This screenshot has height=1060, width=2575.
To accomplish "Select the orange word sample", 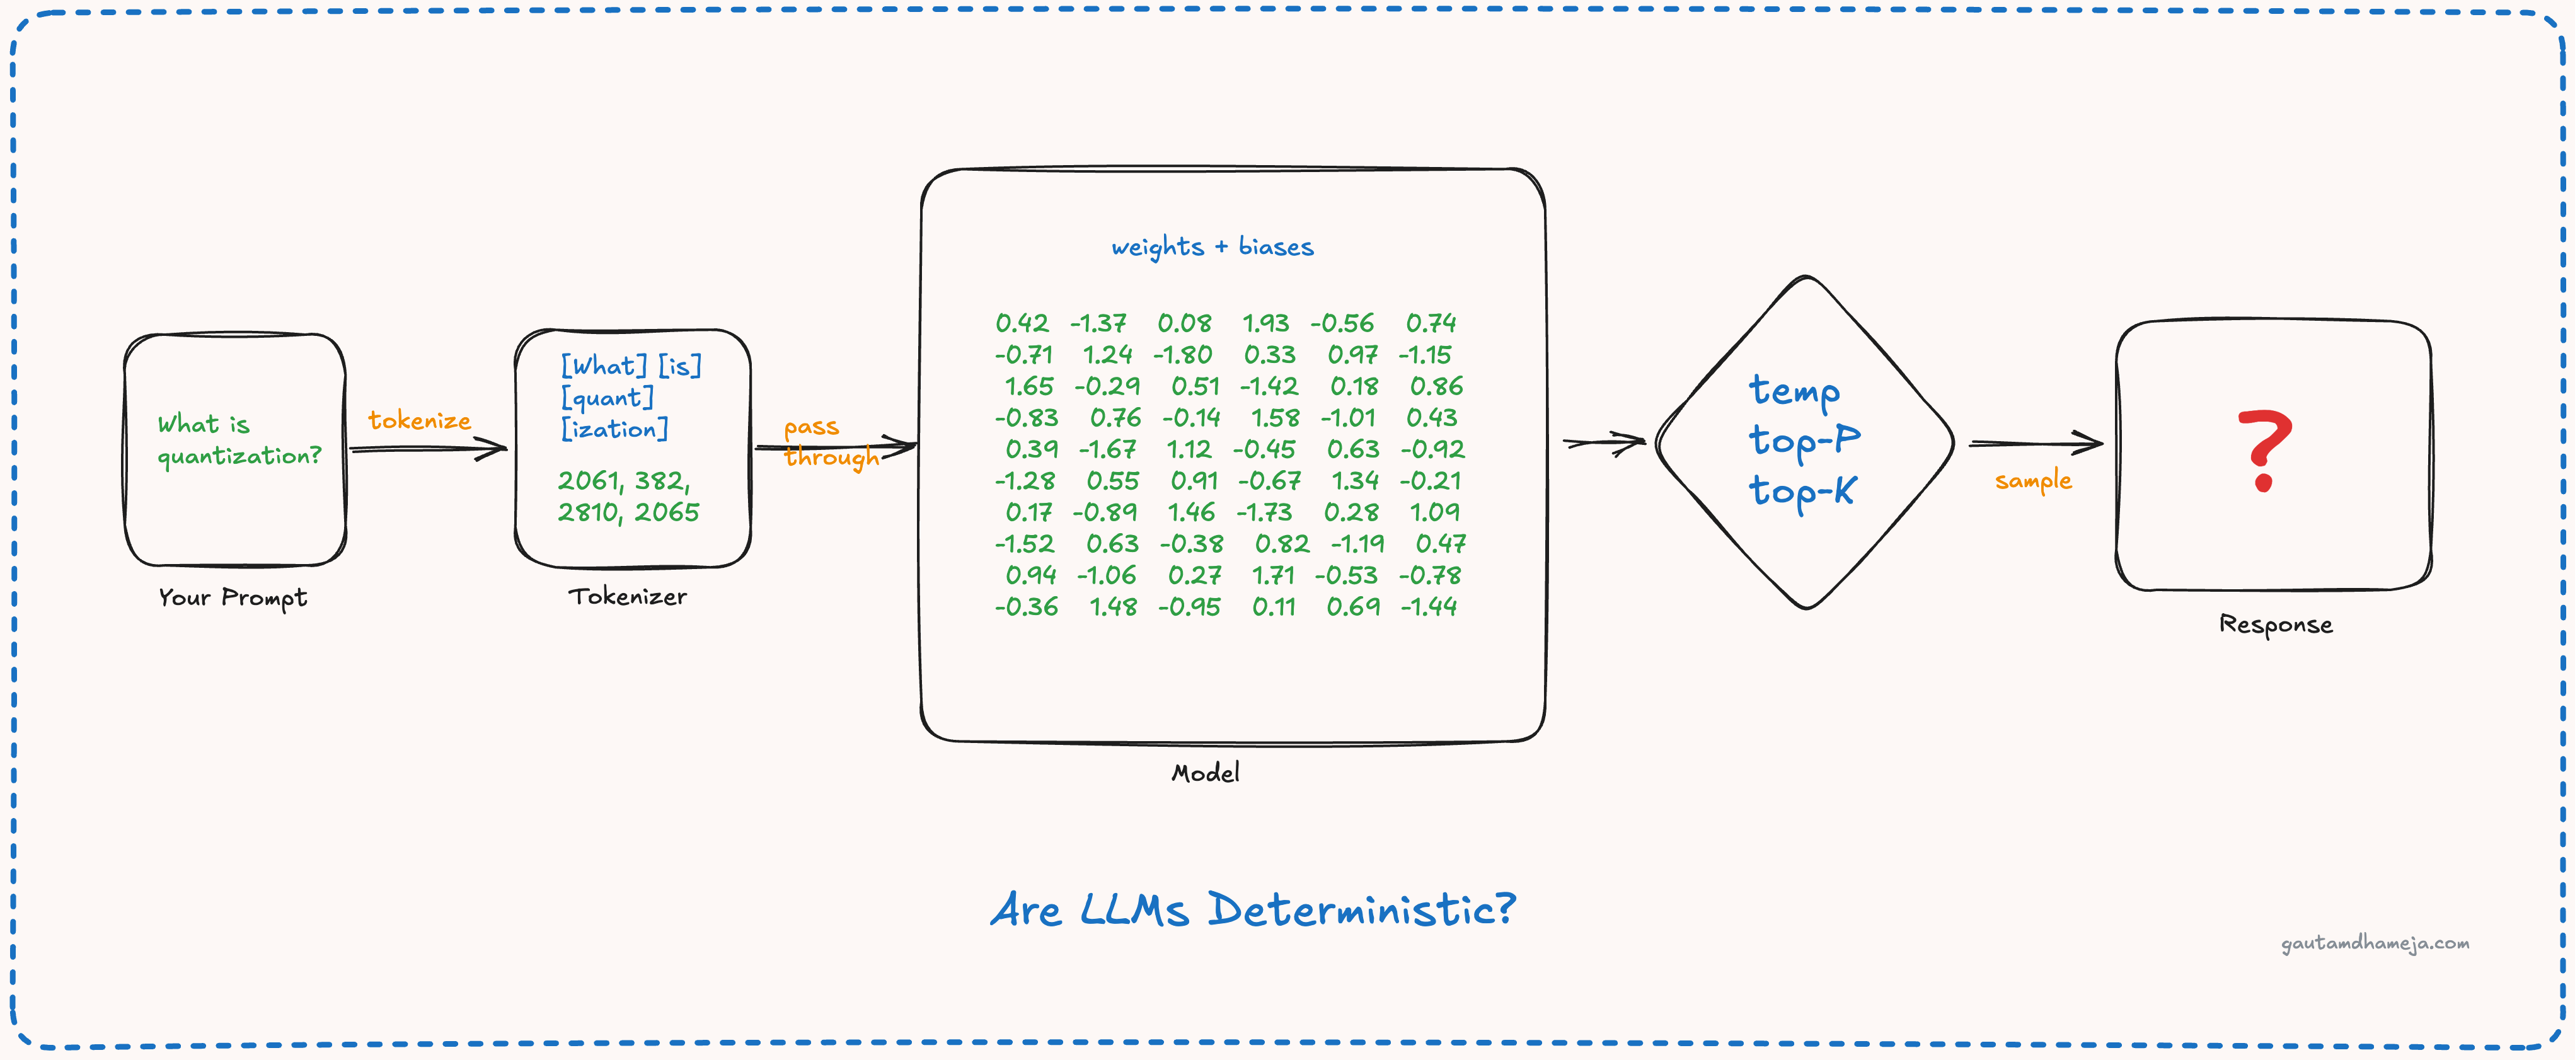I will point(2032,481).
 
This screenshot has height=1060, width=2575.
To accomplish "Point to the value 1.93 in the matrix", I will point(1265,323).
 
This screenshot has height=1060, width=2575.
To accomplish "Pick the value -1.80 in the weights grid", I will point(1182,355).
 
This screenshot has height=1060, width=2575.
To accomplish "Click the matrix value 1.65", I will point(1028,386).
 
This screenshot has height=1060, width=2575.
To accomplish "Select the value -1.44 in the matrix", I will point(1429,607).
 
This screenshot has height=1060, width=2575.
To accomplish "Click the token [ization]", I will point(614,429).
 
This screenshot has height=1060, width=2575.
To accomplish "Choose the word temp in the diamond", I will point(1794,391).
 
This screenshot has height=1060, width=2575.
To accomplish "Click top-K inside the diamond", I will point(1801,491).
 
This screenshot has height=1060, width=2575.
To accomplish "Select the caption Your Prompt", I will point(233,598).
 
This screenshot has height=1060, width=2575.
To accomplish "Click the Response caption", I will point(2275,625).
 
